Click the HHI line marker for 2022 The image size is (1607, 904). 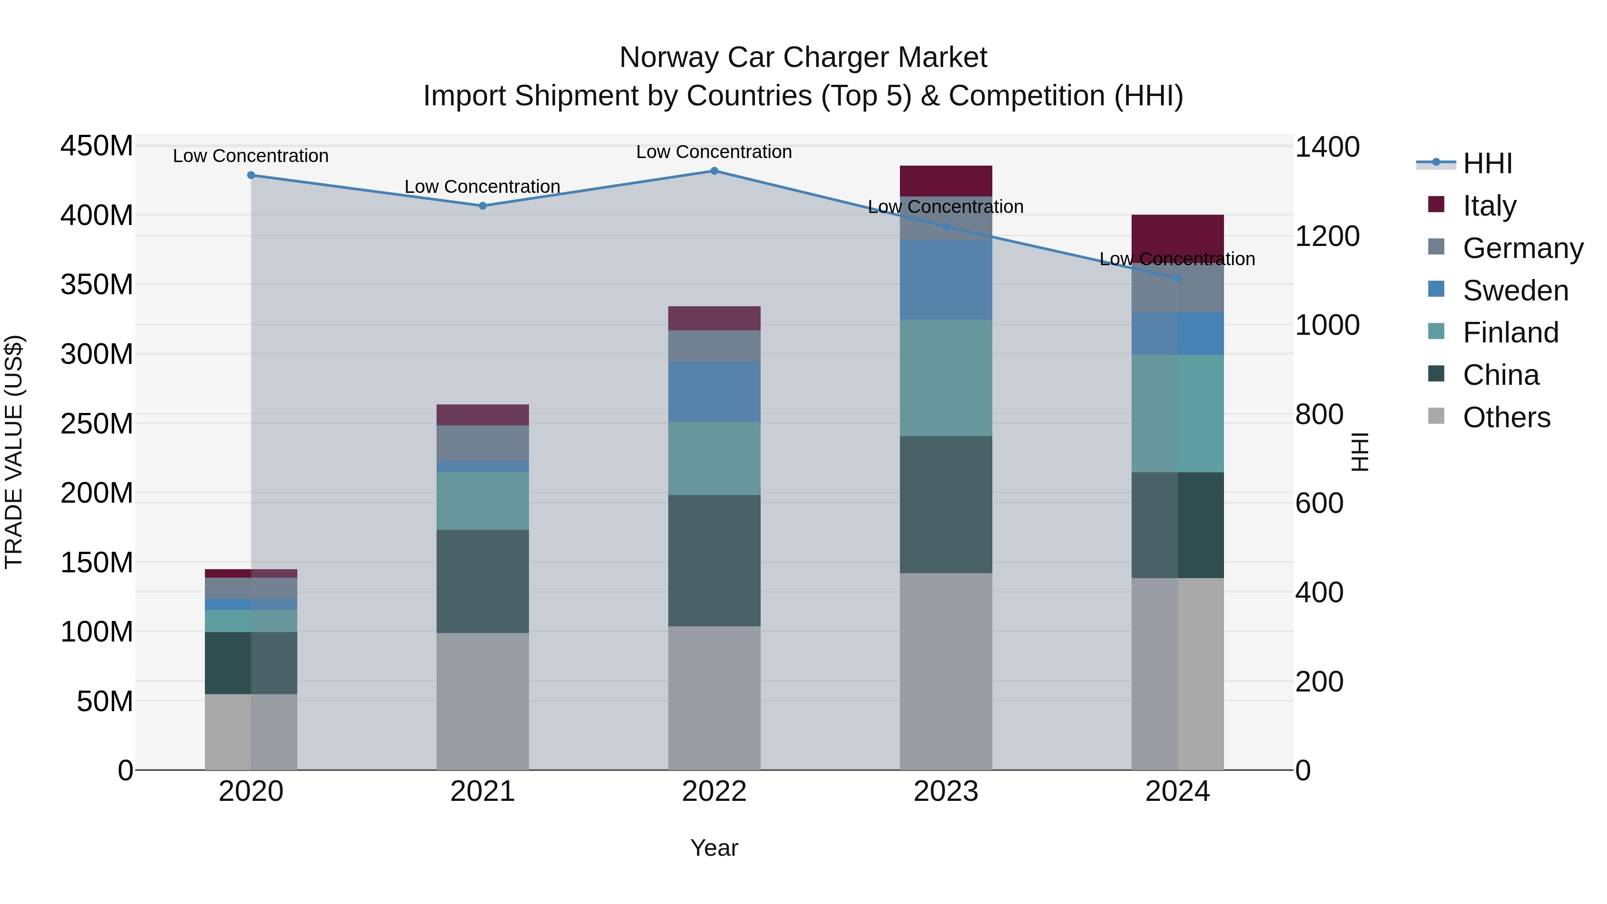coord(714,171)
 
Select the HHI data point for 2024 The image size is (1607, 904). coord(1177,278)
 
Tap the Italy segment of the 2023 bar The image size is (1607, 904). coord(946,181)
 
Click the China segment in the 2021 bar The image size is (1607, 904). coord(482,581)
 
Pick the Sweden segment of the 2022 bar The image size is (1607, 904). coord(714,392)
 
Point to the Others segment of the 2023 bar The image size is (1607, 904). coord(946,671)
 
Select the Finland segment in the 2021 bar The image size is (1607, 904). coord(482,501)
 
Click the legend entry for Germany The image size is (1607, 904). coord(1522,248)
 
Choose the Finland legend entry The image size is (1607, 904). coord(1510,333)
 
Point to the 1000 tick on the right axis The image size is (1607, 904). coord(1327,325)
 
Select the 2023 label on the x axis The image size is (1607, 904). coord(946,792)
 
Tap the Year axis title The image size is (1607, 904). coord(714,848)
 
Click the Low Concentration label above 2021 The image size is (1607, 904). coord(482,187)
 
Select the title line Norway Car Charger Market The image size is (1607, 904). coord(803,58)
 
